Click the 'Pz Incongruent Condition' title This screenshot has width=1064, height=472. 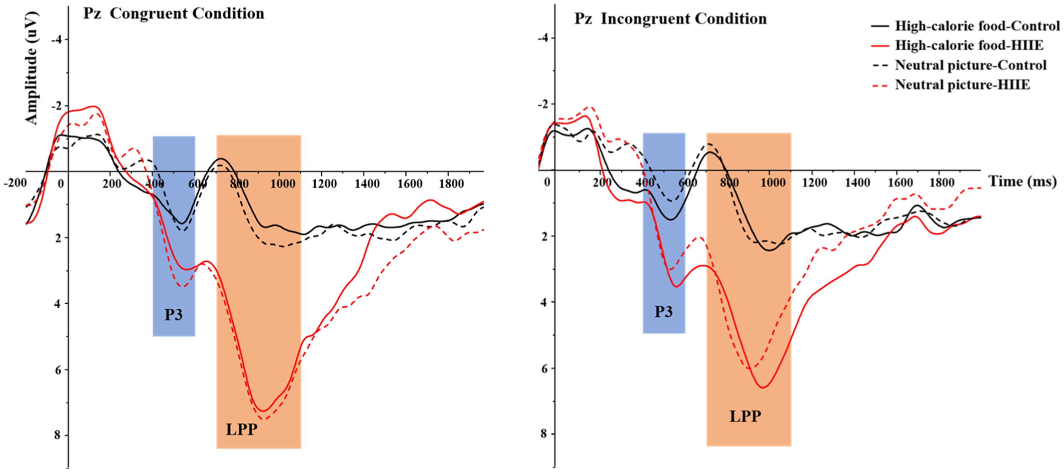(x=670, y=19)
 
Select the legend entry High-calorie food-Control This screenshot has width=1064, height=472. (x=977, y=26)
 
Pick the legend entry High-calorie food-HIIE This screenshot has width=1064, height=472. (x=969, y=45)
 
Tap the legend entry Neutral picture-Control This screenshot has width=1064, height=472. (x=970, y=65)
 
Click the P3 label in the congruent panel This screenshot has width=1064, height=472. (x=173, y=315)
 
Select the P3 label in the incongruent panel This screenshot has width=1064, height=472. (x=663, y=312)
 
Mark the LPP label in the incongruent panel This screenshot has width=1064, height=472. (x=745, y=416)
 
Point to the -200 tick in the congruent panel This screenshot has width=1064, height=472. (x=15, y=183)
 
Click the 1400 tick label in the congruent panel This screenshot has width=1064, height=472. (x=367, y=184)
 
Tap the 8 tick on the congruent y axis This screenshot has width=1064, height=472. (x=58, y=435)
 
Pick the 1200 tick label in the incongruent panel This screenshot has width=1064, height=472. (x=814, y=182)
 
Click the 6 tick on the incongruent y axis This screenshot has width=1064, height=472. (x=544, y=368)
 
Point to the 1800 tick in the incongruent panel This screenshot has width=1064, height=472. (x=942, y=182)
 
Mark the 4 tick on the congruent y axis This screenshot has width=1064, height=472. (x=58, y=304)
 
